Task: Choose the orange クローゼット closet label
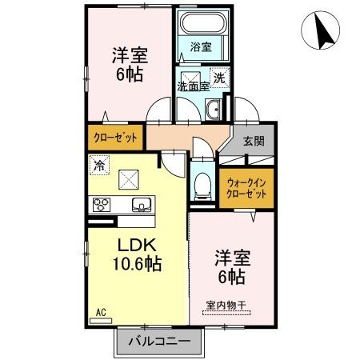115,138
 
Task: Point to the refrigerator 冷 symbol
99,166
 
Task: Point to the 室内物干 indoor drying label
229,304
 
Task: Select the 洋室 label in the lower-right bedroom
232,260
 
